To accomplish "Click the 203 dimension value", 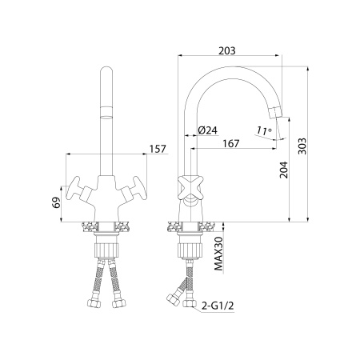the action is point(227,50).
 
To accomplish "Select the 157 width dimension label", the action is point(158,149).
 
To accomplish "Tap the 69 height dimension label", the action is point(56,202).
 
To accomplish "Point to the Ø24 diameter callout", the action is point(208,130).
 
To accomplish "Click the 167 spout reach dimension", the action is point(231,143).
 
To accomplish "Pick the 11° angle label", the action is point(264,130).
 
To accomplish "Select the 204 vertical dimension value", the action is point(283,170).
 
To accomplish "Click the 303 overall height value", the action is point(302,146).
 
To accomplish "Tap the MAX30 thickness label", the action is point(218,254).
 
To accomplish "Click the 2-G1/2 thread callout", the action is point(218,306).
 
